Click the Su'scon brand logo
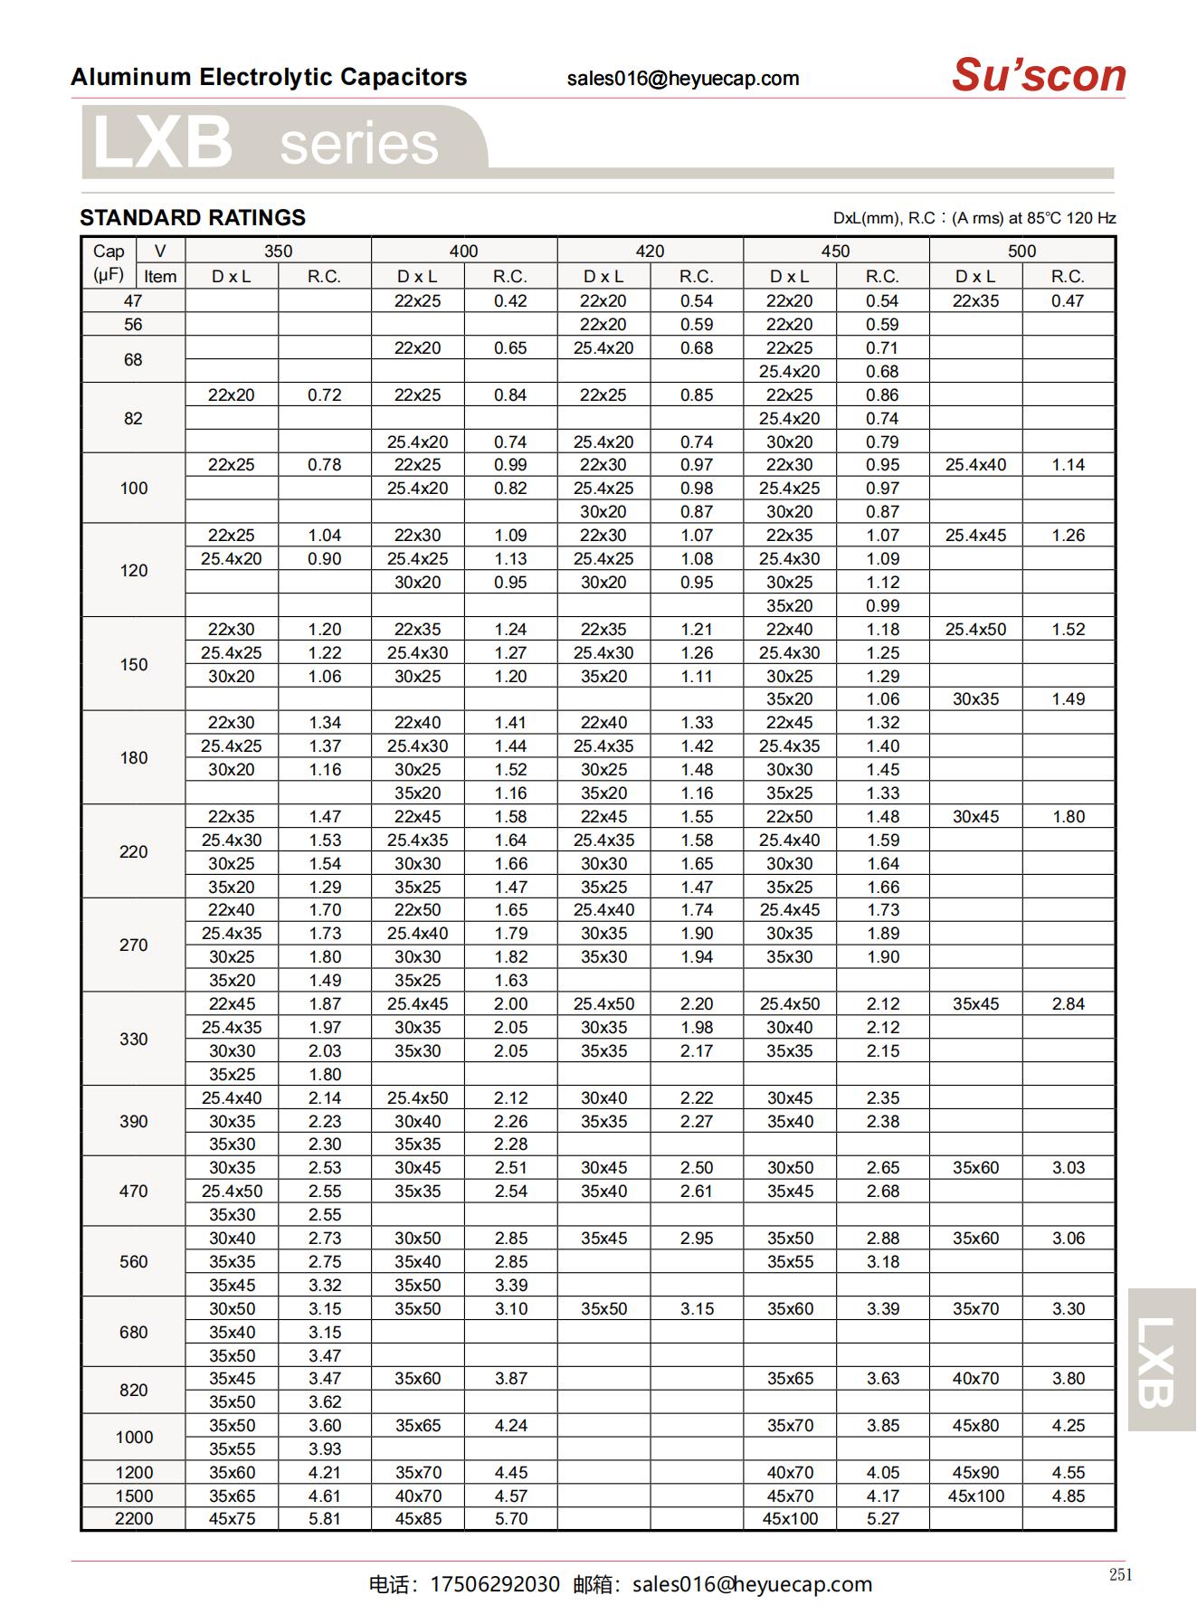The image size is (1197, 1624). coord(1038,75)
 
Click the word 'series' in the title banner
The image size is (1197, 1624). coord(358,145)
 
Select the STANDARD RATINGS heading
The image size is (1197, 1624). coord(193,218)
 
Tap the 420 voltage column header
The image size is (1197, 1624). coord(650,251)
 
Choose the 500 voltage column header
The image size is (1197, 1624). coord(1021,251)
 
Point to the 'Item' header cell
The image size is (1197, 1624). coord(160,276)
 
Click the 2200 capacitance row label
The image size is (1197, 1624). coord(134,1519)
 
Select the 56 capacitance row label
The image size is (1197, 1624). coord(133,325)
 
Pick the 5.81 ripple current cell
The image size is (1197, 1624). coord(325,1519)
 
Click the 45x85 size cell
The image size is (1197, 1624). coord(418,1519)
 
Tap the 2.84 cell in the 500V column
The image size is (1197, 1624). coord(1068,1004)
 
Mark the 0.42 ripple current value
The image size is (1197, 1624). coord(510,301)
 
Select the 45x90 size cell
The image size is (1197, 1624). coord(975,1473)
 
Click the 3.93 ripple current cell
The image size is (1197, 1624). coord(325,1449)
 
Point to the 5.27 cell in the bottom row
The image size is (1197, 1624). coord(882,1519)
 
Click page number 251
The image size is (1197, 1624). coord(1120,1575)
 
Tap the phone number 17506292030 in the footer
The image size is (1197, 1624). coord(495,1584)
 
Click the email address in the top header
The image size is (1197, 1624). coord(683,79)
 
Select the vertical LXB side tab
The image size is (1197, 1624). coord(1161,1360)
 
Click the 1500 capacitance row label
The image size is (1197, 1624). coord(134,1496)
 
